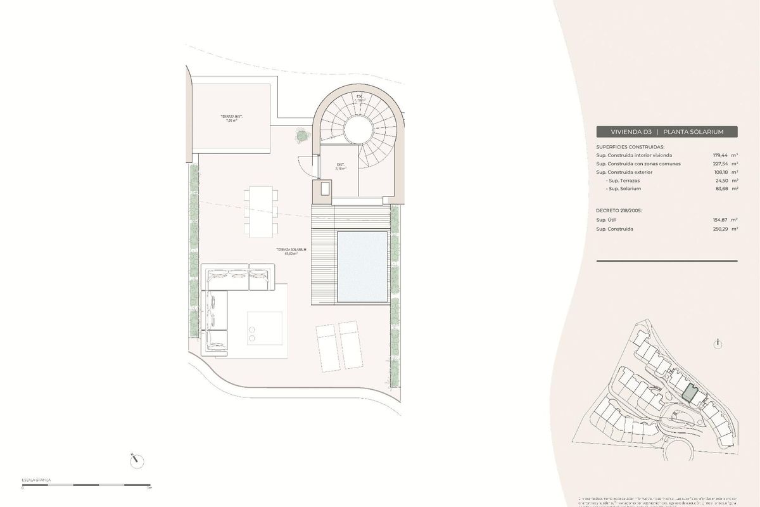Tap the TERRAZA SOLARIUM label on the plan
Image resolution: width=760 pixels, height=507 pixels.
coord(291,251)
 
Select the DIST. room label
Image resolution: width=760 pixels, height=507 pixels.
coord(341,166)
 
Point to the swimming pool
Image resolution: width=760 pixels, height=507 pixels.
coord(362,267)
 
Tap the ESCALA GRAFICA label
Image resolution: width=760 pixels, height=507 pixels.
coord(36,480)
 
